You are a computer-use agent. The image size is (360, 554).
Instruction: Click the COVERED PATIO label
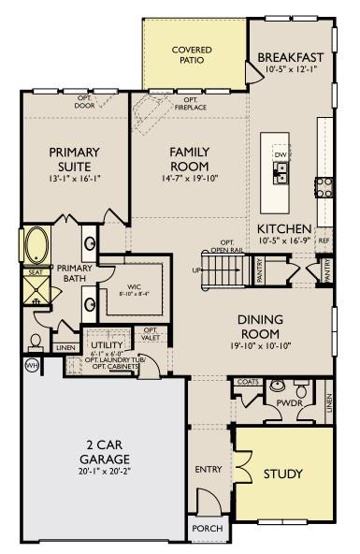pos(192,54)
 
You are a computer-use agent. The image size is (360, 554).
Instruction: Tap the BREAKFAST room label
pos(291,56)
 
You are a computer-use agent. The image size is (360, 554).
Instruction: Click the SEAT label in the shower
pos(35,272)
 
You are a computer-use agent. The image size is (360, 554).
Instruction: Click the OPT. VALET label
pos(150,334)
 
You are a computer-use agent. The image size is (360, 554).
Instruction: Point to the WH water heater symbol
pos(31,365)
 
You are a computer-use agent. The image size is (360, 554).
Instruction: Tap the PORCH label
pos(207,529)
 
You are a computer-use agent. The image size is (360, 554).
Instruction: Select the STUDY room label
pos(282,474)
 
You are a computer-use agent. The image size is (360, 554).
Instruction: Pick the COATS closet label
pos(247,382)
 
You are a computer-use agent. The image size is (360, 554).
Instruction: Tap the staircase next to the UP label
pos(223,270)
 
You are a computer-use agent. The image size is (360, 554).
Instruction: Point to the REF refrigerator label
pos(324,241)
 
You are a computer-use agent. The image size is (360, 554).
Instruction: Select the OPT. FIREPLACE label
pos(190,103)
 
